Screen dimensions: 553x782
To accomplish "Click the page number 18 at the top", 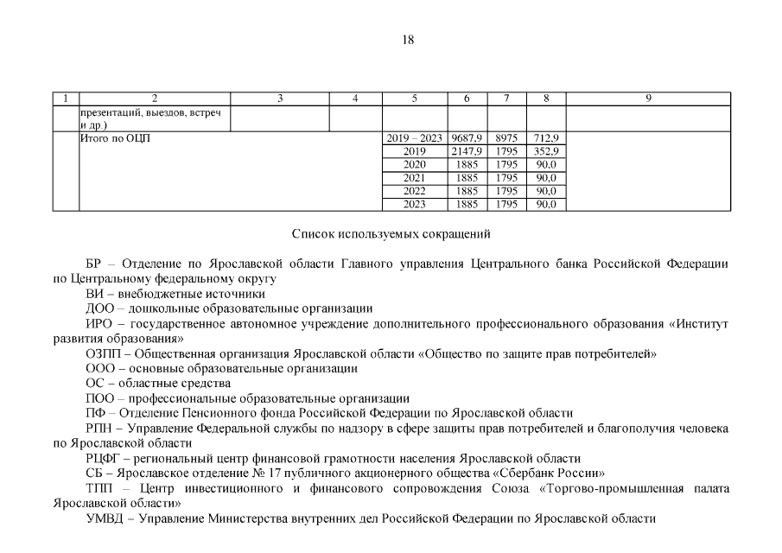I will pos(409,40).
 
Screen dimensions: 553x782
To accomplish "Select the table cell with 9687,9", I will pos(467,138).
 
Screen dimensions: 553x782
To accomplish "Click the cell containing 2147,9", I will pos(467,151).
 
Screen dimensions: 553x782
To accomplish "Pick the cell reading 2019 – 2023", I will pos(415,138).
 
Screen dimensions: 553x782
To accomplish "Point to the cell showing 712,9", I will pos(546,138).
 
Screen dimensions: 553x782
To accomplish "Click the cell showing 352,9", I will pos(546,151).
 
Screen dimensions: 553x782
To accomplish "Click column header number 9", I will pos(648,99).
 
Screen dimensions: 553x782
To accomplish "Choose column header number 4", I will pos(356,99).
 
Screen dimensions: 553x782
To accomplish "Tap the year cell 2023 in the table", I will pos(415,205).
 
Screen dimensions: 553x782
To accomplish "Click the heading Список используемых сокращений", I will pos(391,233).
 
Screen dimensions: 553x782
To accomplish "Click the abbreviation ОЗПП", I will pos(102,353).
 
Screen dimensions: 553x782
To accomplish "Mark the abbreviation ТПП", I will pos(99,488).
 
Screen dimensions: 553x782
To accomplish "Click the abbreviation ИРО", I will pos(99,324).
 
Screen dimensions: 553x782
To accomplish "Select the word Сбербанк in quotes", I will pos(540,474).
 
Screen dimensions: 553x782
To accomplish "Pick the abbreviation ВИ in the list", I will pos(94,294).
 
